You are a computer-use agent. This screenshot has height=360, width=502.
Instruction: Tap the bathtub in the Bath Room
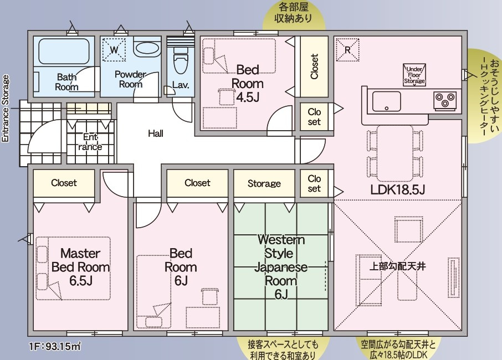[x=64, y=52]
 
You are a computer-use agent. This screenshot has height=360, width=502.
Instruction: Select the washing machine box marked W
[x=114, y=50]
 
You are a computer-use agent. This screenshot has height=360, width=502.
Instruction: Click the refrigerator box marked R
[x=347, y=50]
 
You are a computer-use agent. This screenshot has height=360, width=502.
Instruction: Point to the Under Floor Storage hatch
[x=414, y=75]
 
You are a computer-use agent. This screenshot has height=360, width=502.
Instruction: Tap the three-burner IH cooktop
[x=445, y=100]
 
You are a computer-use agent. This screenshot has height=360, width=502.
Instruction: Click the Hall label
[x=156, y=133]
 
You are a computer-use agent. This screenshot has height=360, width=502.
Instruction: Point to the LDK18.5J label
[x=398, y=190]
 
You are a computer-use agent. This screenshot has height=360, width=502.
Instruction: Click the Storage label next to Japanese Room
[x=264, y=183]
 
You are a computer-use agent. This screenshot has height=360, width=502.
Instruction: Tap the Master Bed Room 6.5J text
[x=81, y=267]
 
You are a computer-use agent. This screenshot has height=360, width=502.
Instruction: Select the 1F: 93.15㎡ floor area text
[x=55, y=346]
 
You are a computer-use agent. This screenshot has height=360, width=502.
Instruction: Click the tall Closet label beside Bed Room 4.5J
[x=314, y=66]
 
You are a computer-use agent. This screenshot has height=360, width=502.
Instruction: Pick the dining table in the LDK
[x=395, y=153]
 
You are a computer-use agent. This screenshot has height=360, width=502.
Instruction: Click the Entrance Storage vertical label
[x=6, y=109]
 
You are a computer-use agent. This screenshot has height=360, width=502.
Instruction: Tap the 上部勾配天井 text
[x=397, y=266]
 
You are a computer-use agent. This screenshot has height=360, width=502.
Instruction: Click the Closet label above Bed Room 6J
[x=197, y=183]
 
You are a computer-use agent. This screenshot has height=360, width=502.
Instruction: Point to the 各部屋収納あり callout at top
[x=294, y=13]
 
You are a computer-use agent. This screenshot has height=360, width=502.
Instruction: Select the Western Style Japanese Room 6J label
[x=281, y=267]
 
